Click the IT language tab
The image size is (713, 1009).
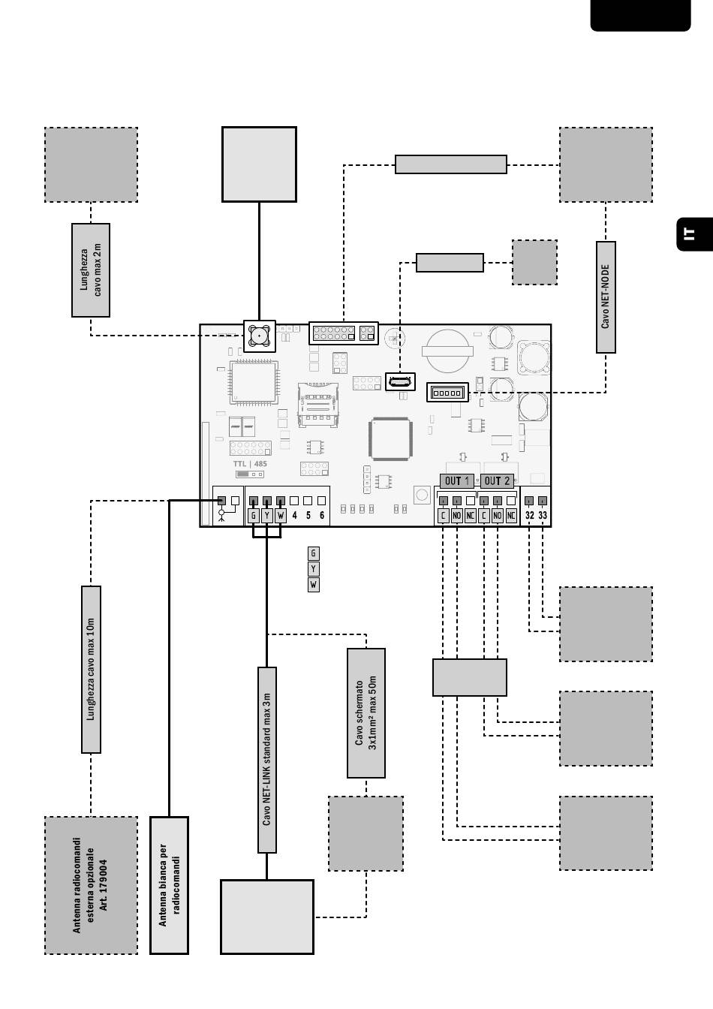695,234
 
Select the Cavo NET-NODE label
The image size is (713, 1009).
606,297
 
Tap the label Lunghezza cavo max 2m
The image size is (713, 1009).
91,270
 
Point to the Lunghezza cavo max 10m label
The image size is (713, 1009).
91,670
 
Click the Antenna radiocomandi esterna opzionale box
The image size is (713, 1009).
91,885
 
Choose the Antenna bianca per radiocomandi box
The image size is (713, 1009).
170,885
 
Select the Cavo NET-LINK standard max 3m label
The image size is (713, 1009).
267,760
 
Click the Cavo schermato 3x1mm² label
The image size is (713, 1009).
366,713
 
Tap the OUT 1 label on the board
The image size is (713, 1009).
457,481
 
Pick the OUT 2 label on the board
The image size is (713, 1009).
497,481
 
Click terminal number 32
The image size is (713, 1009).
530,515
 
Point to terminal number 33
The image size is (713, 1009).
543,515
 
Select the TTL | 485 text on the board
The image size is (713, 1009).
250,463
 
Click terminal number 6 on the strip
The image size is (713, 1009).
321,515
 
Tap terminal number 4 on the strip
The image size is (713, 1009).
294,515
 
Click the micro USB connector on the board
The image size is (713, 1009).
401,382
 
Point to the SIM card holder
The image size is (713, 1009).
318,405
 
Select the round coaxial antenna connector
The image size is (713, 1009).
260,336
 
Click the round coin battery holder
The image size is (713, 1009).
448,351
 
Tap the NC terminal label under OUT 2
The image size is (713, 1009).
511,516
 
